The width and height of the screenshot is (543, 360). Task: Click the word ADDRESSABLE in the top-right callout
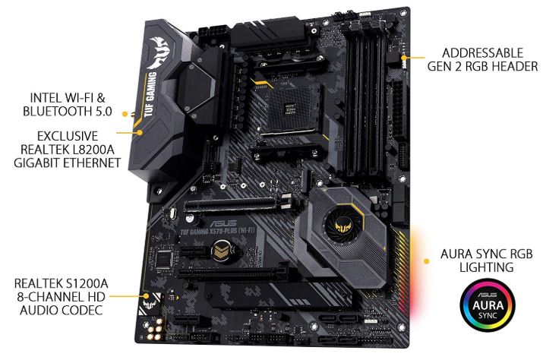click(484, 53)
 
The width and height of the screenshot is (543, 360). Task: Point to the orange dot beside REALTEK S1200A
click(146, 293)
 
